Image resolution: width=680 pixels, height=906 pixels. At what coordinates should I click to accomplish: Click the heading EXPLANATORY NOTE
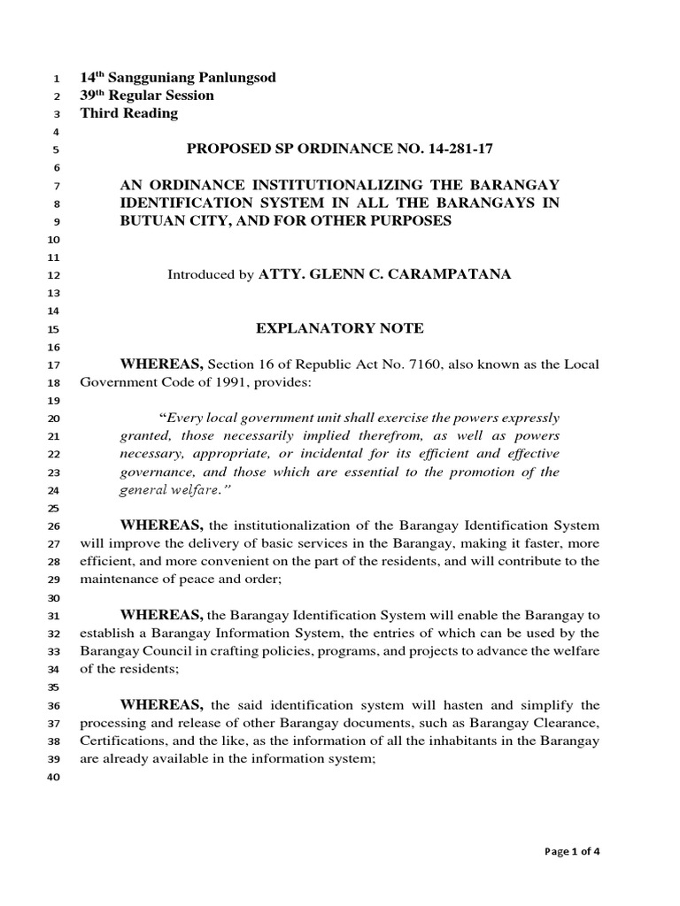340,329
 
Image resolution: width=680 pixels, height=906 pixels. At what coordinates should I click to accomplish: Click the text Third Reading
129,113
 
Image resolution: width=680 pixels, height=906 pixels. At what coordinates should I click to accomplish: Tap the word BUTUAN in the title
153,221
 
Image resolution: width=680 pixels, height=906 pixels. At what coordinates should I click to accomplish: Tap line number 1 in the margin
55,79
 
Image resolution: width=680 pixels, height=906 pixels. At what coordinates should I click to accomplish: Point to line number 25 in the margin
51,509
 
